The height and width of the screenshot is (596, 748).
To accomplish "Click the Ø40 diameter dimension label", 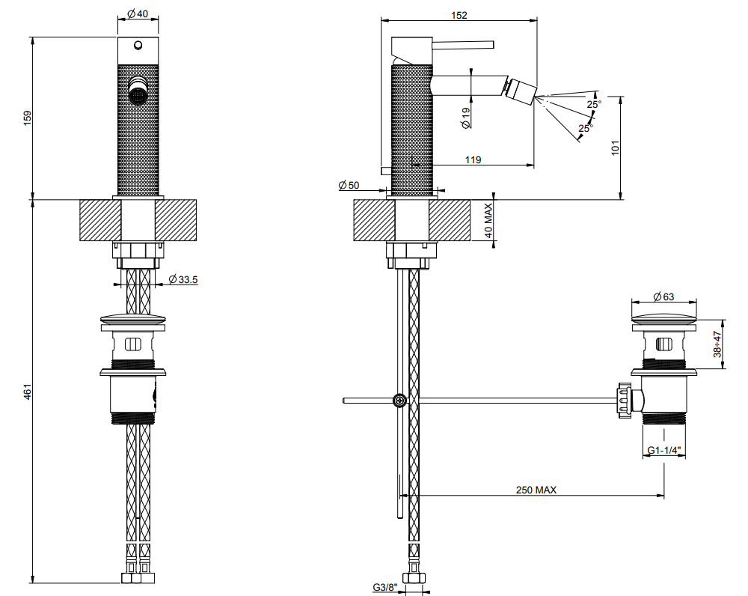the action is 138,13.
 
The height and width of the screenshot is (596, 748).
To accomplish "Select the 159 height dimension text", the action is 27,118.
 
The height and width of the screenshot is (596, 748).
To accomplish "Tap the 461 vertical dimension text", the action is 27,392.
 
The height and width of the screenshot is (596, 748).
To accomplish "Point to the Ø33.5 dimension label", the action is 183,279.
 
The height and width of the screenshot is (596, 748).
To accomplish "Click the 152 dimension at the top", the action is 459,15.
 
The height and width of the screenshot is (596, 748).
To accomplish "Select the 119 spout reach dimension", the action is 473,159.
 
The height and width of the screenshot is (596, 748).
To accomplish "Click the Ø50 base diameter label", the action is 349,185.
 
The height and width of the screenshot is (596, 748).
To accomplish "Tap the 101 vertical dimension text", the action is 615,148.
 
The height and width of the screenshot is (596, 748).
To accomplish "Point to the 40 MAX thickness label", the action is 488,221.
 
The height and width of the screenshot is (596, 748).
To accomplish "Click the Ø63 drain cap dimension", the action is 663,297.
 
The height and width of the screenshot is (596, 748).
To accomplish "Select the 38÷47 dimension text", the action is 717,344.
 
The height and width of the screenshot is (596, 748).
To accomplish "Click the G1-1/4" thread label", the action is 664,450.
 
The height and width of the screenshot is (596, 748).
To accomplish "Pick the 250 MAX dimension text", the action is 536,490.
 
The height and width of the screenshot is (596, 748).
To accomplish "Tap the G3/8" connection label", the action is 384,588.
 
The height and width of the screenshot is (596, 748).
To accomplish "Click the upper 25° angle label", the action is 594,103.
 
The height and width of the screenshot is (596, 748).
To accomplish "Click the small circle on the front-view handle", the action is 138,46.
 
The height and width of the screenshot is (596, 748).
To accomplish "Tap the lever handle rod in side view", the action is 462,45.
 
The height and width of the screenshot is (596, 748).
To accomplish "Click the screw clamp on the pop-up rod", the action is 399,401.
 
